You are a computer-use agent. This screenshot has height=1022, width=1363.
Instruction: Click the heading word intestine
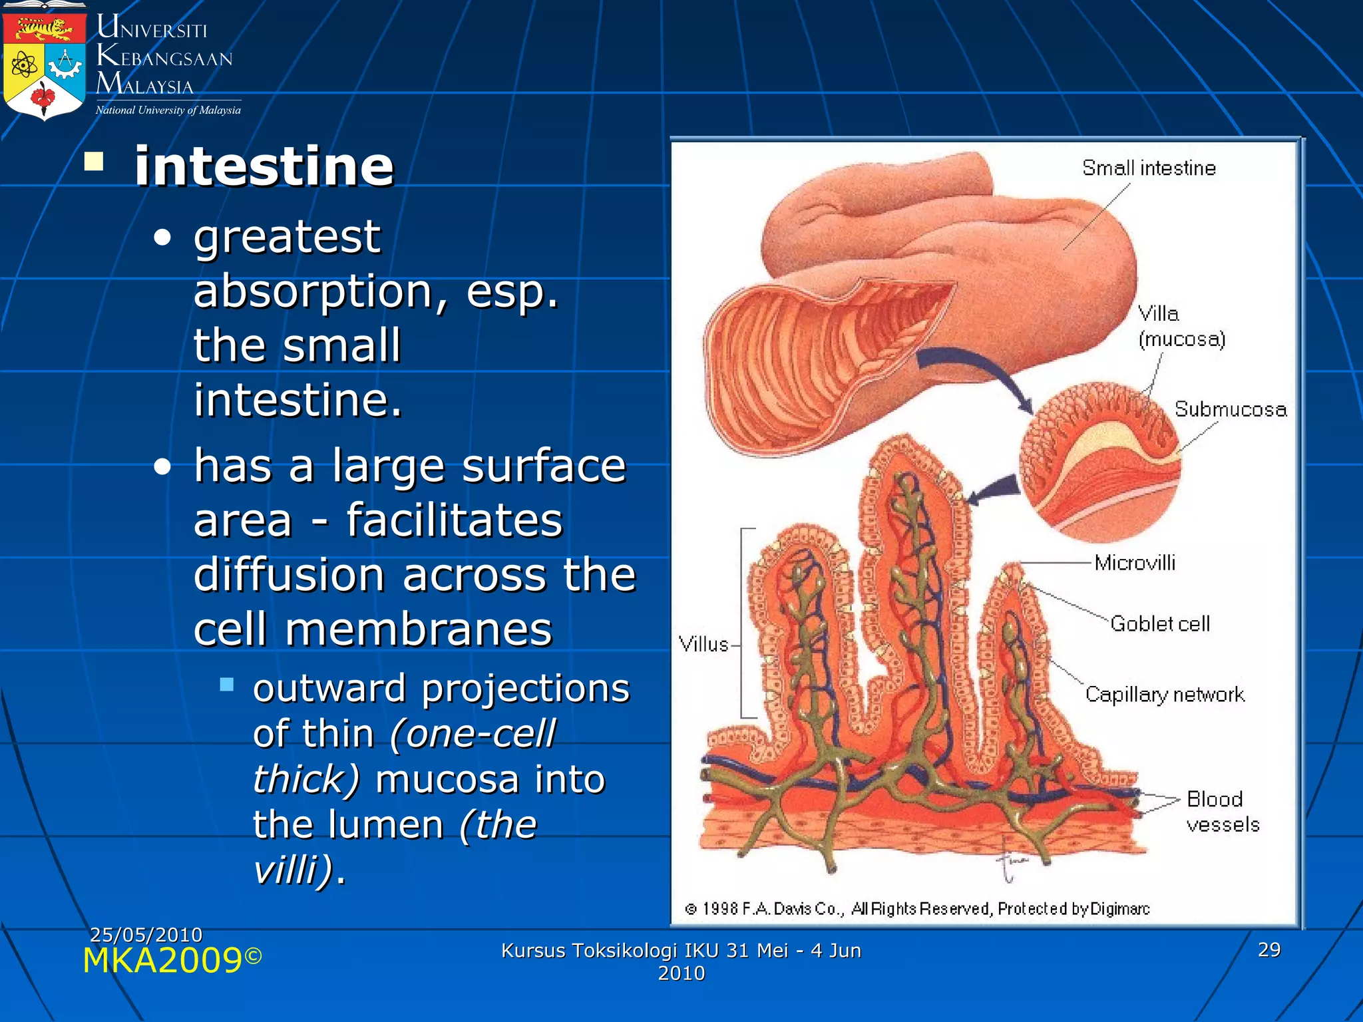point(264,166)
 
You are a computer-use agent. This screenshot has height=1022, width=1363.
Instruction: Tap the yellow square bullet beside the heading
point(94,161)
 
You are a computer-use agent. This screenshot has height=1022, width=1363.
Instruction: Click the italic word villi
point(293,869)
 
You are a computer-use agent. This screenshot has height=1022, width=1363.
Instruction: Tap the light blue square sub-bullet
point(226,685)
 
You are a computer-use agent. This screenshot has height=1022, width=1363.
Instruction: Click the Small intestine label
point(1149,168)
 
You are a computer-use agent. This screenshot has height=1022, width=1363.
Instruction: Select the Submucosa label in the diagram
point(1230,409)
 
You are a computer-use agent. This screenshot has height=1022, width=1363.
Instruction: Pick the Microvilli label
point(1135,563)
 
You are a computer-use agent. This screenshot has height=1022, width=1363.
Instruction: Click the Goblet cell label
point(1160,624)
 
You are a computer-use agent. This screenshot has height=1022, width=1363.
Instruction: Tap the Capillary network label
point(1165,695)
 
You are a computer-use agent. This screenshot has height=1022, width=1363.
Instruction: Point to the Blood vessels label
point(1222,812)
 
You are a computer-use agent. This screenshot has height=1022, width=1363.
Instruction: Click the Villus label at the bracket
point(703,644)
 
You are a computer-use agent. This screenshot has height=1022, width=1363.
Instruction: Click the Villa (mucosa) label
point(1181,326)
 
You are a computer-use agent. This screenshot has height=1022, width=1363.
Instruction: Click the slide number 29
point(1268,949)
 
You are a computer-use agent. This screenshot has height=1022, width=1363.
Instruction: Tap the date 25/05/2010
point(146,935)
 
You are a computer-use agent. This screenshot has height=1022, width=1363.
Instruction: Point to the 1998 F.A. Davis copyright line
point(916,909)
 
